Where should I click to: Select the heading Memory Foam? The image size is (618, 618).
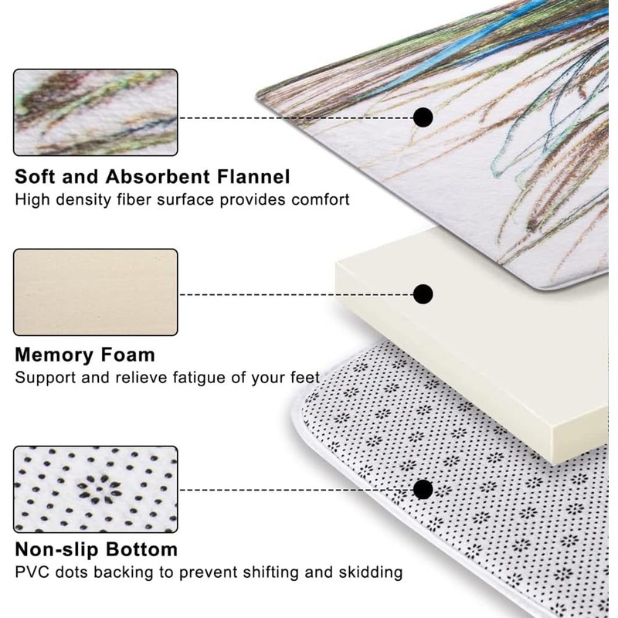[85, 355]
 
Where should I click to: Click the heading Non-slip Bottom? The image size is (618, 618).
[97, 550]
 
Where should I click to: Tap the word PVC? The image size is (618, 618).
[32, 572]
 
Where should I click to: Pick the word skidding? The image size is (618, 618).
[371, 572]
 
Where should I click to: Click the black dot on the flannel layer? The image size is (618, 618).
[423, 117]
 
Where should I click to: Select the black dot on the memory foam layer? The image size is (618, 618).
[423, 294]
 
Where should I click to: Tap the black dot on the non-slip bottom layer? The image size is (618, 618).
[423, 490]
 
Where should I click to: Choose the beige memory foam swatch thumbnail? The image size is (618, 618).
[96, 292]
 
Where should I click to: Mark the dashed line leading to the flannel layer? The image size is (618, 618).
[297, 117]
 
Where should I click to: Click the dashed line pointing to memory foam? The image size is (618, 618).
[297, 294]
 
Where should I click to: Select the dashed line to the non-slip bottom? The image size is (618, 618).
[297, 490]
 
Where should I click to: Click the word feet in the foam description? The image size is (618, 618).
[304, 379]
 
